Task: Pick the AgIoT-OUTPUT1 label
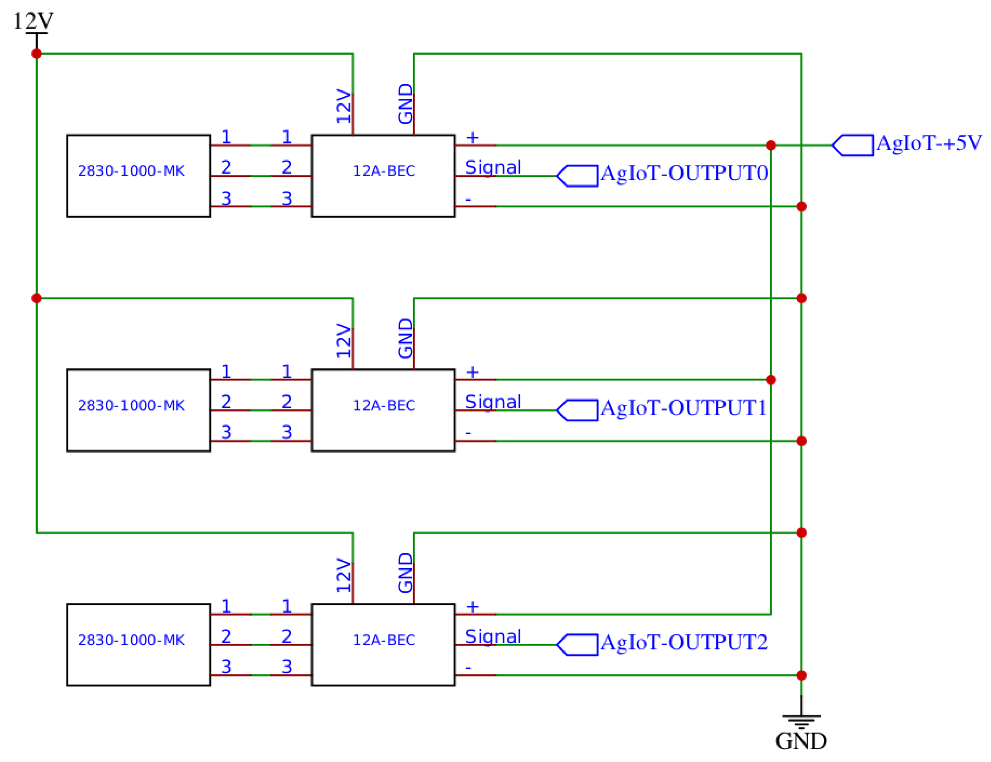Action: (x=683, y=407)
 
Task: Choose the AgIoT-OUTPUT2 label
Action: (x=683, y=642)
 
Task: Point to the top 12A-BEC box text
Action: (x=384, y=171)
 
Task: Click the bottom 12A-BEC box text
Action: (x=384, y=640)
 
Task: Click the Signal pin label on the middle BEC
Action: (x=493, y=402)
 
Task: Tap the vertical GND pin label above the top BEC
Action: (x=405, y=104)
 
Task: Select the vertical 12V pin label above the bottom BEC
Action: (x=344, y=576)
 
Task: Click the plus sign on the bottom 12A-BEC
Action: (x=472, y=606)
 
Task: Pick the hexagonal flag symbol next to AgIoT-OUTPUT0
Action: (x=577, y=176)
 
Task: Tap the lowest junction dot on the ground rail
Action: (x=801, y=675)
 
